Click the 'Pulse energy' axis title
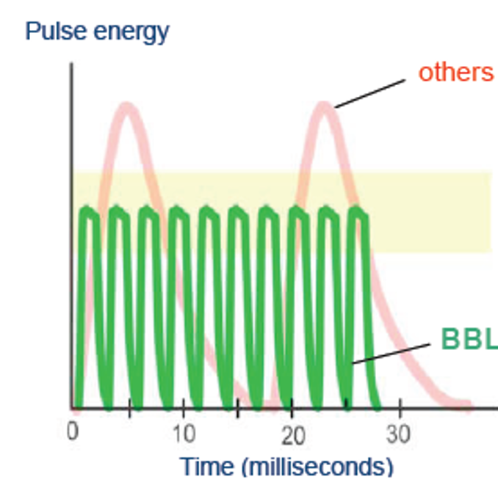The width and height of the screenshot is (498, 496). (x=97, y=32)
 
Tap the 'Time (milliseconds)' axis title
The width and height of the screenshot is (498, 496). (x=286, y=467)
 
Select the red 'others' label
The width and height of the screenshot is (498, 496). (x=456, y=73)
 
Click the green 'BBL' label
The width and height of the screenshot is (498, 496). (x=469, y=338)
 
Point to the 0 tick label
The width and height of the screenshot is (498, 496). (x=73, y=431)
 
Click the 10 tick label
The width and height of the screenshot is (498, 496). (x=184, y=434)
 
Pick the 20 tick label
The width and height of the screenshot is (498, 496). (x=293, y=435)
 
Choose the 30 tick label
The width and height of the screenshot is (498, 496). (x=398, y=434)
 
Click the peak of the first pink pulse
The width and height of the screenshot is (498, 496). (x=127, y=106)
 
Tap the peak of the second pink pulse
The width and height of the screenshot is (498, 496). (x=324, y=106)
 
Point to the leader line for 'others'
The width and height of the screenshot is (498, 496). (x=370, y=94)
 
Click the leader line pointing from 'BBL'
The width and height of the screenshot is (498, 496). (x=391, y=354)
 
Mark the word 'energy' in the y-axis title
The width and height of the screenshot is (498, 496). (x=131, y=33)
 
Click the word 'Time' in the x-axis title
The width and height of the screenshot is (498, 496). (x=206, y=467)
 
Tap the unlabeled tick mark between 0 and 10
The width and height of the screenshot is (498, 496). (x=129, y=408)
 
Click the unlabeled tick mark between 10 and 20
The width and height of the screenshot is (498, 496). (x=238, y=408)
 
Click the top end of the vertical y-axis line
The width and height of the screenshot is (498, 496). (x=72, y=64)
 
